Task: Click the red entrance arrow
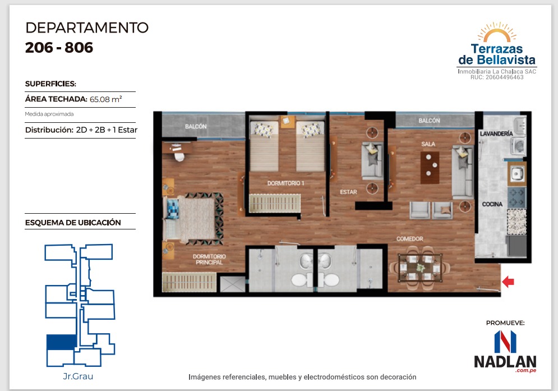508,282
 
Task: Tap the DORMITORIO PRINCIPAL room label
209,259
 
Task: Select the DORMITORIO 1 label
286,183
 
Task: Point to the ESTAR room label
348,192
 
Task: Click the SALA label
428,144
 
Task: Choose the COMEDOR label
410,238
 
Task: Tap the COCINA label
492,204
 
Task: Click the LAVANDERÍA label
496,134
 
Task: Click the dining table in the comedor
420,268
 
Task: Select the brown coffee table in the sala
430,167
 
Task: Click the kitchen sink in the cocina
516,174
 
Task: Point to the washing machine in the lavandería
518,146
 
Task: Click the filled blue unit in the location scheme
62,342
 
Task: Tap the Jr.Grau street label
78,376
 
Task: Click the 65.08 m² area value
105,99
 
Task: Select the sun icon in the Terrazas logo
497,32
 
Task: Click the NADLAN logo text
505,361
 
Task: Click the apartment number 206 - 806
59,47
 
